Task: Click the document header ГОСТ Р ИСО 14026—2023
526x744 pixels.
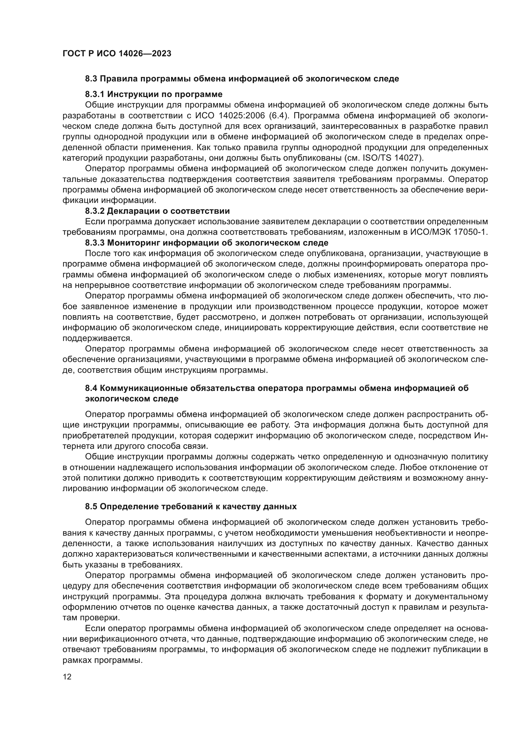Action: point(117,54)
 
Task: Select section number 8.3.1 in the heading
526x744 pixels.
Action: point(95,94)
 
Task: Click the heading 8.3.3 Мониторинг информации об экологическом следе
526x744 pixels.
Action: point(207,243)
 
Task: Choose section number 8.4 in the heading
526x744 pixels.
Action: point(91,388)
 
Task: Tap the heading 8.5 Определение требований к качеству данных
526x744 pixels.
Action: point(191,506)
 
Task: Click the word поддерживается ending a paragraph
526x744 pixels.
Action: point(97,338)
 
